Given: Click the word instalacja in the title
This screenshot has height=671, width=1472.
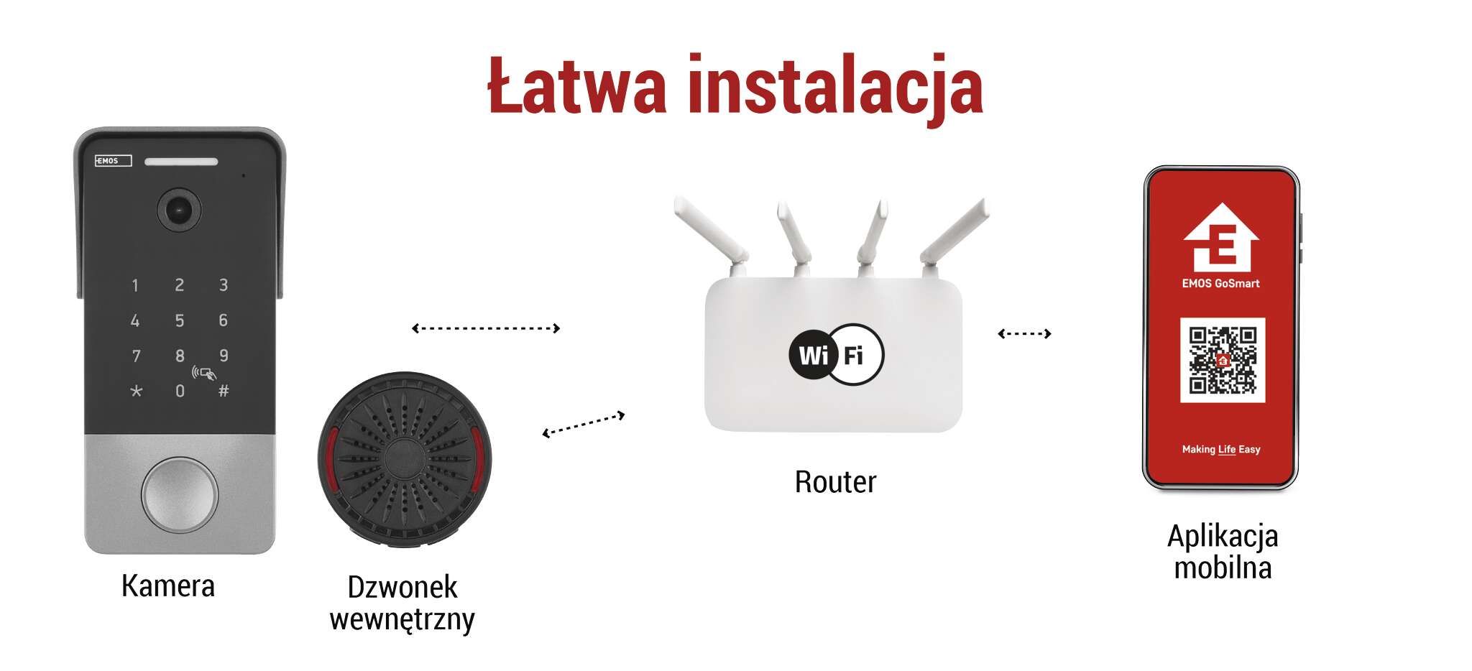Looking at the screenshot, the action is point(835,88).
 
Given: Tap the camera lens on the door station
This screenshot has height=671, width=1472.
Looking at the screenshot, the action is point(178,210).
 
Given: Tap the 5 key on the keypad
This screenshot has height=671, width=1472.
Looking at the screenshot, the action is point(180,320).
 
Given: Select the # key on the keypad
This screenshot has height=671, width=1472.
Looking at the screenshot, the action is point(224,391).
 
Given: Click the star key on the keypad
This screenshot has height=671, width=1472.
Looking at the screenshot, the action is point(136,391).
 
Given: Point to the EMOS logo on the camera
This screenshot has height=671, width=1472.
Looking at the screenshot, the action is point(114,160).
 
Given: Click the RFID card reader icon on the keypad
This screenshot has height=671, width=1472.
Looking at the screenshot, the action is point(204,373).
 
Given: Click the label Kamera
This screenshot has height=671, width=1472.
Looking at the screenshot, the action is point(168,586).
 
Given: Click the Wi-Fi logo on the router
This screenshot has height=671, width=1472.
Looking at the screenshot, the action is point(836,354).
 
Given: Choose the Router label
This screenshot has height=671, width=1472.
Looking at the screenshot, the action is point(835,481).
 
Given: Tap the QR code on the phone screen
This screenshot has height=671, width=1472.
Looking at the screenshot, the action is point(1223,360).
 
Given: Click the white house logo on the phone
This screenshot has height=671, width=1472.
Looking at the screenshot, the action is point(1221,237).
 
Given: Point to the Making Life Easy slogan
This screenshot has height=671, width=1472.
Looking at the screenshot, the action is point(1221,449).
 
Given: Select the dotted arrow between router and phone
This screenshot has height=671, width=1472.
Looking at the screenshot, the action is point(1024,333).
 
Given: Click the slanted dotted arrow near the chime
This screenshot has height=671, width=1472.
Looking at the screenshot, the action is point(583,424).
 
